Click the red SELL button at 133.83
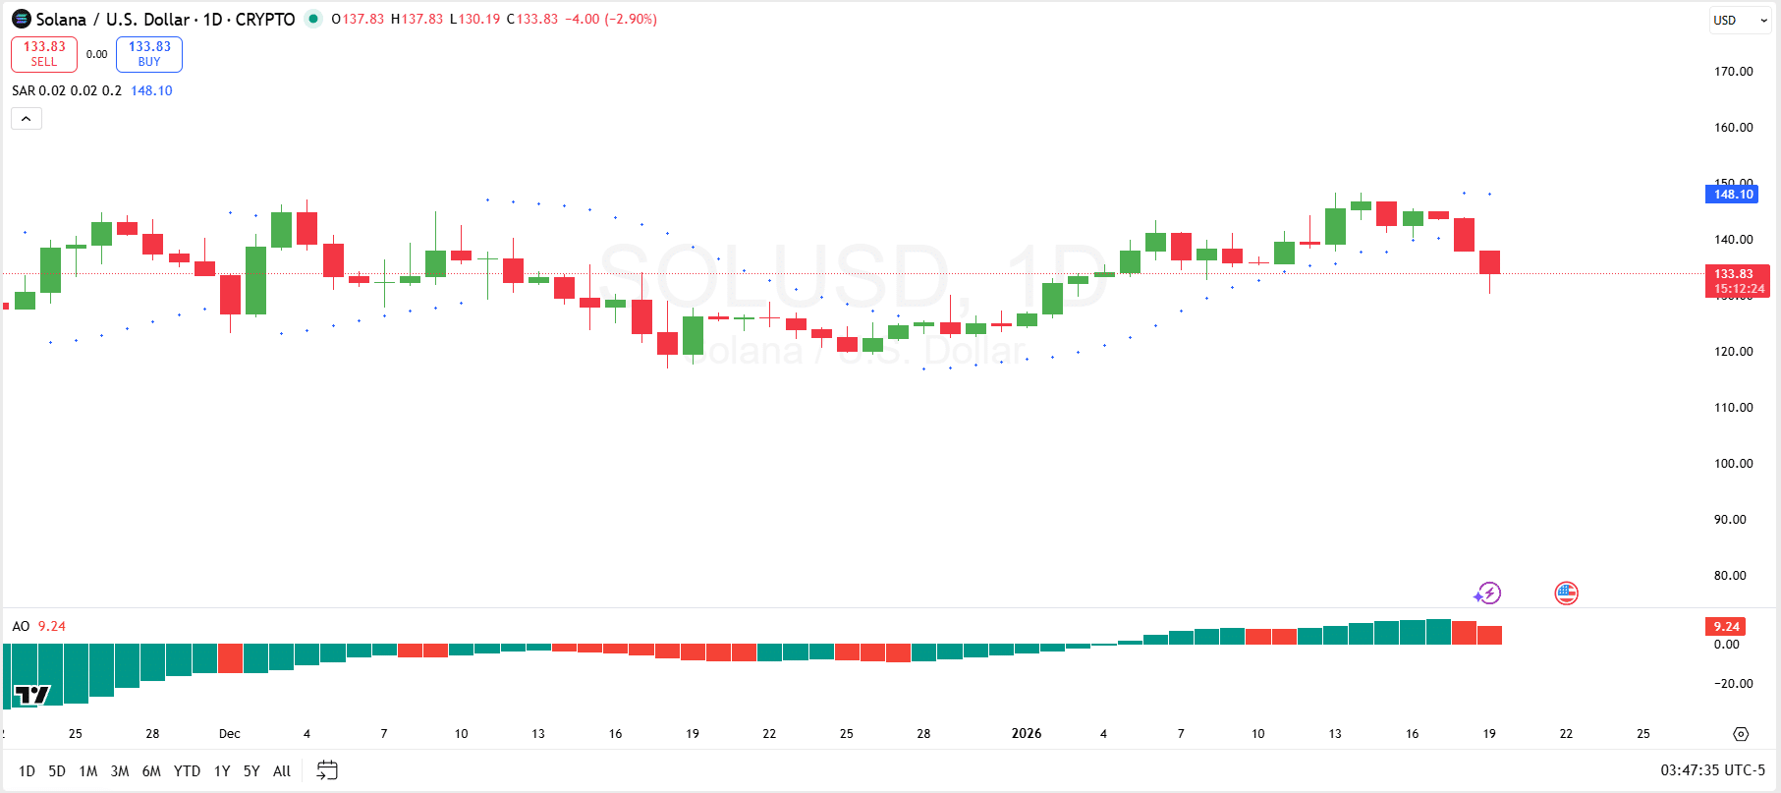coord(44,54)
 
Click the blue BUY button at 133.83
coord(149,54)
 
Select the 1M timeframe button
coord(88,771)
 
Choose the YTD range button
coord(187,771)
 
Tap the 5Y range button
coord(251,771)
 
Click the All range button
coord(282,771)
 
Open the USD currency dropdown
coord(1740,20)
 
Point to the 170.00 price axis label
coord(1733,72)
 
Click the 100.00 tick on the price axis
coord(1733,464)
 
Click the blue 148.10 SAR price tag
coord(1733,195)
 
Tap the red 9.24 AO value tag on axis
coord(1726,627)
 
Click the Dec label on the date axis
coord(229,734)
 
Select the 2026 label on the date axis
coord(1027,734)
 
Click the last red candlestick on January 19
coord(1489,262)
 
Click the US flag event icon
coord(1566,594)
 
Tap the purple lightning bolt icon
coord(1487,594)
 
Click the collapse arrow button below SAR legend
coord(27,119)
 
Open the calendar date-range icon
coord(327,771)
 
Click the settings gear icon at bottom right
coord(1741,734)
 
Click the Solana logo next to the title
coord(22,20)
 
